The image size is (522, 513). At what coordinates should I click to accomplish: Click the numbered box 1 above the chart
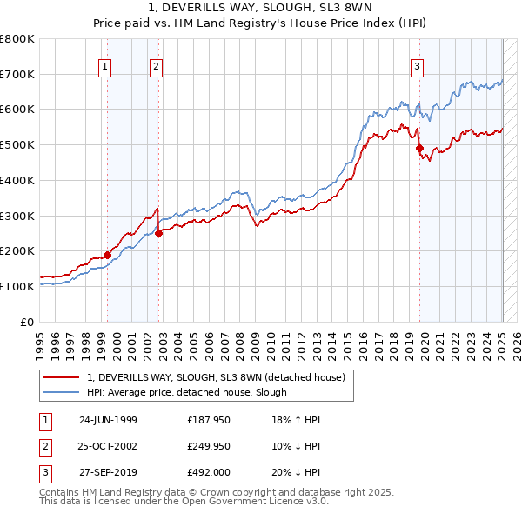[x=105, y=67]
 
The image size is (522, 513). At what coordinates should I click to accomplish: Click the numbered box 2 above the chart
[x=156, y=67]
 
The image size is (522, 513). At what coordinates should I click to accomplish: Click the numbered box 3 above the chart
[x=418, y=67]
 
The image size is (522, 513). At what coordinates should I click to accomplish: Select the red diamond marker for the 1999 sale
[x=108, y=255]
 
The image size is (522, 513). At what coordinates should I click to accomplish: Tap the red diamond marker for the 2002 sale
[x=159, y=233]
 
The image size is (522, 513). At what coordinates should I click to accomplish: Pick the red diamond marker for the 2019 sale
[x=419, y=148]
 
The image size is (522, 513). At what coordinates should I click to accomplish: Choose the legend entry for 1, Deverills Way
[x=217, y=377]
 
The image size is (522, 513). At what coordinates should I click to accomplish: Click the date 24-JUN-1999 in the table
[x=108, y=420]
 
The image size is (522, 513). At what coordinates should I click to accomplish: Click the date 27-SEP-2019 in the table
[x=108, y=472]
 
